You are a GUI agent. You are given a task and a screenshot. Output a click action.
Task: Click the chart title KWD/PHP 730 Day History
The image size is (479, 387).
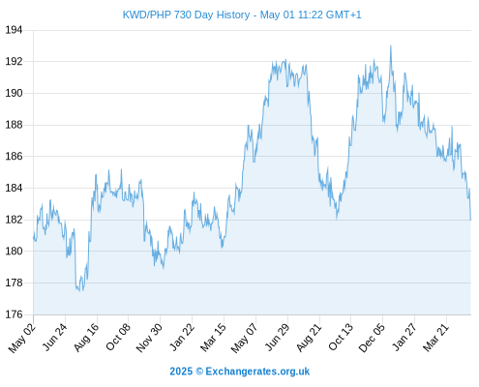(186, 15)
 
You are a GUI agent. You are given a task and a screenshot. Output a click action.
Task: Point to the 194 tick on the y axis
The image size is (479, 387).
(14, 30)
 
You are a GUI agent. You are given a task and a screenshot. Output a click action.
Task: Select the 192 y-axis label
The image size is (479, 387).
(14, 61)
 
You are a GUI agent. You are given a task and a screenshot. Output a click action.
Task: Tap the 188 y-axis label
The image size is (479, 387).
(14, 125)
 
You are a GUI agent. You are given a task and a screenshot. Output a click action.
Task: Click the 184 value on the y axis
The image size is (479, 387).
(14, 188)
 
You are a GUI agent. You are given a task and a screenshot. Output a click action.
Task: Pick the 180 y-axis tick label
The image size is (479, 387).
(14, 251)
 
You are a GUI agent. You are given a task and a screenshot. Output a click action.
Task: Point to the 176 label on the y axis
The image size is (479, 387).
(14, 314)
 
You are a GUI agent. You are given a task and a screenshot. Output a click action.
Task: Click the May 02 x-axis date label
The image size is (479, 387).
(22, 338)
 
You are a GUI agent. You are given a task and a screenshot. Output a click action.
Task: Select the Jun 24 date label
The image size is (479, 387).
(55, 337)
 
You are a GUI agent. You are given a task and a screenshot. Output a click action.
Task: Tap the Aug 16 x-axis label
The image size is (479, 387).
(86, 337)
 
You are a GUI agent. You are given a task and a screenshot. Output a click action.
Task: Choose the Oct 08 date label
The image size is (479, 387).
(118, 337)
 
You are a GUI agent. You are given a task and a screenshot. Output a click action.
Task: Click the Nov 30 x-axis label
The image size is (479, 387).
(149, 338)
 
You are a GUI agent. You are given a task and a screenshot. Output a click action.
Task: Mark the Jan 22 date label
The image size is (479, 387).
(182, 337)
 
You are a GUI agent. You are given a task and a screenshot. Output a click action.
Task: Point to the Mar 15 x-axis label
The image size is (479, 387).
(213, 338)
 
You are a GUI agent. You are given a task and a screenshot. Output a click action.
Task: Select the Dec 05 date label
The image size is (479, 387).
(372, 338)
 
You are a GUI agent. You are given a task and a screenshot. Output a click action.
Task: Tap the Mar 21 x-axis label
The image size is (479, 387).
(436, 337)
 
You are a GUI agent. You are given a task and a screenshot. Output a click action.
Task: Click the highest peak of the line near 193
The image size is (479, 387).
(391, 46)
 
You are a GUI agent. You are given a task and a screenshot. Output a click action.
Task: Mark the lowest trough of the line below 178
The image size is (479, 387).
(79, 291)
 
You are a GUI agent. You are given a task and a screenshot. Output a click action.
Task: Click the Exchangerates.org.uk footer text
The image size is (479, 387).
(257, 372)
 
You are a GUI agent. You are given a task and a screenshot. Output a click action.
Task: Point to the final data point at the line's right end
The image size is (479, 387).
(470, 220)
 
